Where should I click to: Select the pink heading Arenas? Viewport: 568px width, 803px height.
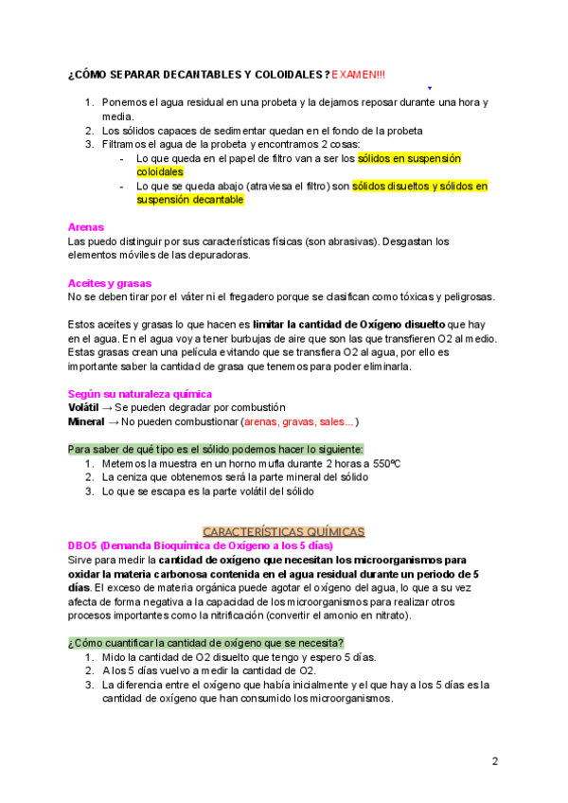coord(85,227)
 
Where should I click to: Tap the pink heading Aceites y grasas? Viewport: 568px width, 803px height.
coord(109,283)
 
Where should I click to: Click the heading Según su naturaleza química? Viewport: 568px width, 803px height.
coord(140,393)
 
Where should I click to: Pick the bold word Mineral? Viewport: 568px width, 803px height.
coord(85,421)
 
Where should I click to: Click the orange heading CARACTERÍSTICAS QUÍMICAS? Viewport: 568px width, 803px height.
coord(284,532)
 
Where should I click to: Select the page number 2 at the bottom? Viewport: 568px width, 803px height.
coord(495,761)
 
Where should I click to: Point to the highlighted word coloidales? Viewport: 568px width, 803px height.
coord(160,173)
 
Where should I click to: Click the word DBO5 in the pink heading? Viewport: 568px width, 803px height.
coord(83,546)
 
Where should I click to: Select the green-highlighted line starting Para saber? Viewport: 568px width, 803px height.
coord(216,449)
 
